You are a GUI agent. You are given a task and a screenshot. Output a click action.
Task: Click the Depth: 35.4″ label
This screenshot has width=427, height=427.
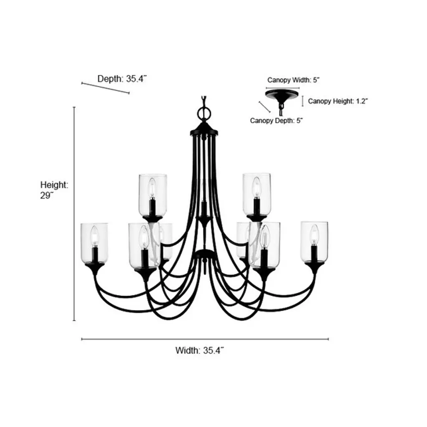pos(122,79)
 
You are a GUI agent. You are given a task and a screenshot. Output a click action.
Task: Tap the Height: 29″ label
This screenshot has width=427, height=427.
pos(54,190)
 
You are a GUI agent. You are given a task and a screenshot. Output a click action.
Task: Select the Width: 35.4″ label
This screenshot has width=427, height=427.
pos(199,350)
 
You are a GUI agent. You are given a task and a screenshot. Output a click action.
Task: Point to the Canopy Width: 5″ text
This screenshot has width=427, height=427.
pos(293,80)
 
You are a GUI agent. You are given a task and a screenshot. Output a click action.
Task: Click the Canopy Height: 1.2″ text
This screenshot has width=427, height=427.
pos(338,101)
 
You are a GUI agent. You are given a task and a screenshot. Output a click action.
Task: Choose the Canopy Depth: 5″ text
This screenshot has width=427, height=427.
pos(276,121)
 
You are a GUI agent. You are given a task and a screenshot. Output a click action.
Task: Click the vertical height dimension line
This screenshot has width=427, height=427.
pos(74,214)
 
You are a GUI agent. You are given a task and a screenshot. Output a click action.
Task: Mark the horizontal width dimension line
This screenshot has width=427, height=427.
pos(205,339)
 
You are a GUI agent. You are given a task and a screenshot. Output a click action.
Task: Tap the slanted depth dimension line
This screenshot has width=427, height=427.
pos(105,88)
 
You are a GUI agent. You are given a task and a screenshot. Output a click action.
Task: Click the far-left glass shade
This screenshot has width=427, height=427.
pos(94,243)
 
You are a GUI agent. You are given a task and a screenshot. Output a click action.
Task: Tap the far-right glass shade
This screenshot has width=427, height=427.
pos(314,242)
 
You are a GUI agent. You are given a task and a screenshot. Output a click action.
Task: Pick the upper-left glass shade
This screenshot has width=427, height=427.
pos(153,194)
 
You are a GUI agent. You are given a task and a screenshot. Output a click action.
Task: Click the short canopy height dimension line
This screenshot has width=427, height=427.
pos(303,101)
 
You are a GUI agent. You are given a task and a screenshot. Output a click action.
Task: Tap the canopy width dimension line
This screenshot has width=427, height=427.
pos(283,88)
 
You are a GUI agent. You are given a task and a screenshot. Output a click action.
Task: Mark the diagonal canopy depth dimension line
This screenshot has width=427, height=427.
pos(264,107)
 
